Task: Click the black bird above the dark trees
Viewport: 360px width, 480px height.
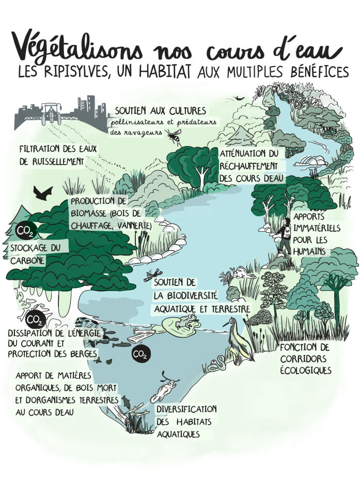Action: tap(43, 194)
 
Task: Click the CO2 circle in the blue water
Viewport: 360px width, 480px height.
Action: tap(140, 354)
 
